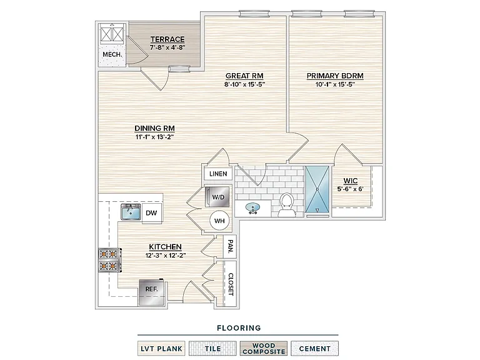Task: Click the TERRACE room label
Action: [167, 39]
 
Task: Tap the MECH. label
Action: [112, 55]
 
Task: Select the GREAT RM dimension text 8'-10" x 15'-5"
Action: [244, 84]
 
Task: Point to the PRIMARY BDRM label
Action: [335, 76]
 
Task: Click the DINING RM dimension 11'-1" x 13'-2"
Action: [154, 137]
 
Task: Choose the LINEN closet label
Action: [218, 174]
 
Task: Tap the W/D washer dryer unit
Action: [217, 196]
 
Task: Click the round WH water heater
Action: [219, 221]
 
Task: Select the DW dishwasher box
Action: [151, 212]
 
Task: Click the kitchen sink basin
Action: [131, 212]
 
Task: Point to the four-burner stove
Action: [109, 260]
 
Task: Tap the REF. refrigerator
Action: [151, 292]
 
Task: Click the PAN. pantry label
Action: [230, 247]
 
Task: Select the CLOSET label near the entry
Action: [231, 284]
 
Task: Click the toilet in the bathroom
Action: [287, 204]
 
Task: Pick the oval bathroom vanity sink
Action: [253, 208]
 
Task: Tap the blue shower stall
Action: [317, 189]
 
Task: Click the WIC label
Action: [351, 181]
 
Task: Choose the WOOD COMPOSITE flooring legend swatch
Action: [264, 349]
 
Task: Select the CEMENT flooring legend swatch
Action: [315, 349]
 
